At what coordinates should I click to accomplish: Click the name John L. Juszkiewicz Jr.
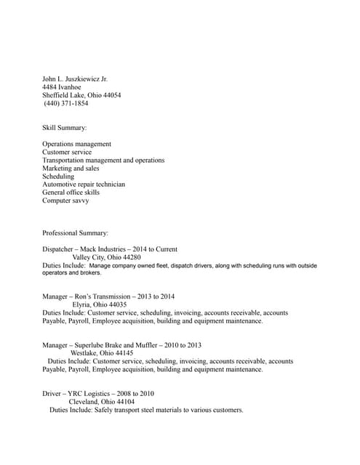tap(75, 79)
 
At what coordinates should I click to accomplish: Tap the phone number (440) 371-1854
tap(66, 104)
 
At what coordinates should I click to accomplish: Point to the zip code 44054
tap(111, 96)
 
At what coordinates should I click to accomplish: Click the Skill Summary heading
tap(64, 128)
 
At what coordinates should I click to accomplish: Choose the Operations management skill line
tap(76, 144)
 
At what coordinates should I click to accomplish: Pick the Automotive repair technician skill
tap(84, 185)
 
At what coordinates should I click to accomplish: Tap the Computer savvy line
tap(65, 201)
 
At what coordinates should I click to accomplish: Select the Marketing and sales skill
tap(71, 169)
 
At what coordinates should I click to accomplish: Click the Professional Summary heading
tap(75, 233)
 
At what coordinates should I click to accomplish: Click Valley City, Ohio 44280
tap(106, 258)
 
